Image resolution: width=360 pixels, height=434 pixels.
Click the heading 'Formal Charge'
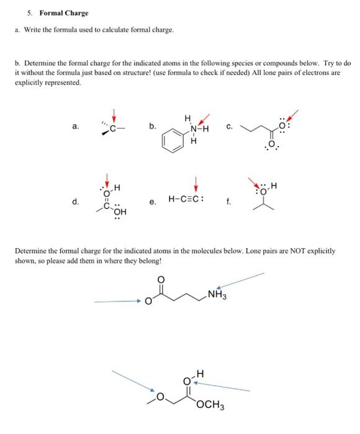tap(64, 12)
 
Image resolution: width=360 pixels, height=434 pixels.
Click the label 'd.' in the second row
tap(75, 201)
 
